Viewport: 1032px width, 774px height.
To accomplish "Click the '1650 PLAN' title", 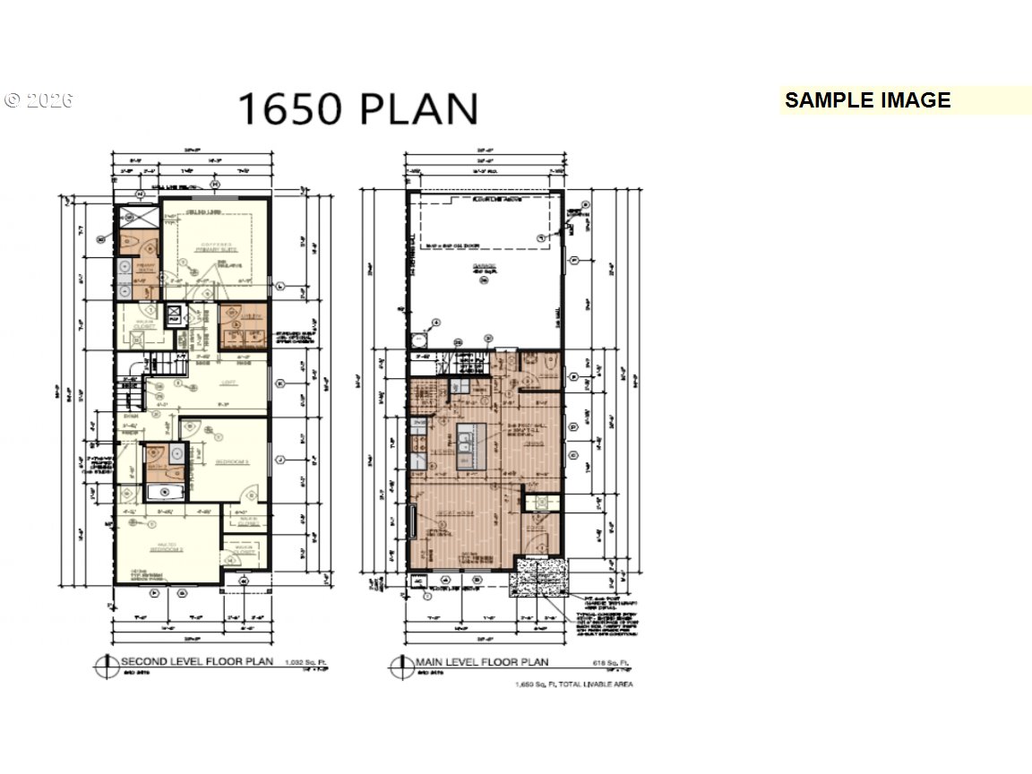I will tap(357, 108).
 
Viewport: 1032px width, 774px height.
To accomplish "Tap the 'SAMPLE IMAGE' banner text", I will tap(867, 100).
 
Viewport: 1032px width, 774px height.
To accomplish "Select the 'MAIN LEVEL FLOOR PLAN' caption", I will tap(481, 663).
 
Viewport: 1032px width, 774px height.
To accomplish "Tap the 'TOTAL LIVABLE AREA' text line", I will tap(573, 684).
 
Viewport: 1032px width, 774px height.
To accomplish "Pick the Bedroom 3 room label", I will tap(231, 461).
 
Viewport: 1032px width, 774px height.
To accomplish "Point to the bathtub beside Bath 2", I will tap(161, 493).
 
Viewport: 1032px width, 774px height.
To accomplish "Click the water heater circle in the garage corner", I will tap(419, 340).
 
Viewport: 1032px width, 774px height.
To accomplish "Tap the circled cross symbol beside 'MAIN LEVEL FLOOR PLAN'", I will tap(399, 666).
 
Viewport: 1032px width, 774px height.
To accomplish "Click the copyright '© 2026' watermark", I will tap(38, 100).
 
